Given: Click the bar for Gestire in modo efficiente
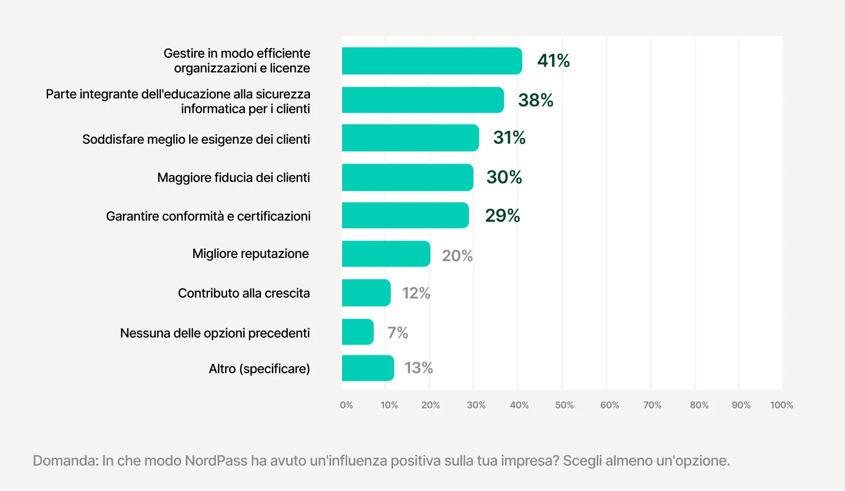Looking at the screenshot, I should coord(432,61).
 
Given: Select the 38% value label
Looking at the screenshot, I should coord(535,100).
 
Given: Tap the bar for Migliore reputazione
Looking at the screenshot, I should coord(386,254).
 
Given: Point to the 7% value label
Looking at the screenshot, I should coord(398,333).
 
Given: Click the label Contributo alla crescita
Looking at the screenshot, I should coord(244,293).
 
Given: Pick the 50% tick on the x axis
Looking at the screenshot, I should coord(564,405).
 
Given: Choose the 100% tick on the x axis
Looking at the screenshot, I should coord(782,405).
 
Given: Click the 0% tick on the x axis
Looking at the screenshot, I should coord(346,405).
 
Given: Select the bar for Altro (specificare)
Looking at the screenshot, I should coord(368,368).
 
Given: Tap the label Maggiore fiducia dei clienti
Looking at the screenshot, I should coord(233,178).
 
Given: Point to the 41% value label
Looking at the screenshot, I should coord(553,61).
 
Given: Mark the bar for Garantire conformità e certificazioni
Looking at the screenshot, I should coord(405,216).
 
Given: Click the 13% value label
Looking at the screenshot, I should coord(419,368).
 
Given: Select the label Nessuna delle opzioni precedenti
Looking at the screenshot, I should coord(215,333).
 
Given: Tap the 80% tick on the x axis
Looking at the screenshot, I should coord(699,405).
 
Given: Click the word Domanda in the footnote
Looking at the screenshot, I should coord(65,460).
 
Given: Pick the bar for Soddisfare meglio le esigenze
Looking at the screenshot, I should coord(410,138).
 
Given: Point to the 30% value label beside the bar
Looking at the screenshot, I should coord(504,177).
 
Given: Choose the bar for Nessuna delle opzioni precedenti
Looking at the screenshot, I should coord(357,332).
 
